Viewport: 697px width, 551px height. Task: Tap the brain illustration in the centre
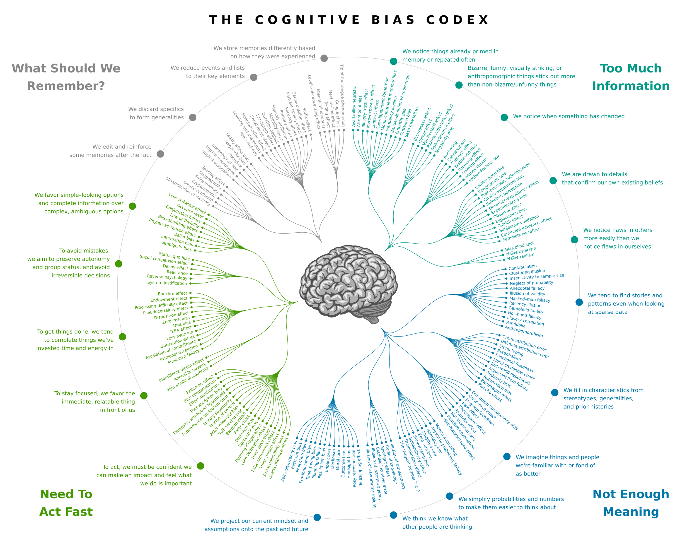[x=348, y=284]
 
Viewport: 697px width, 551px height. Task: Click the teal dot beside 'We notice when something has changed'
[x=504, y=117]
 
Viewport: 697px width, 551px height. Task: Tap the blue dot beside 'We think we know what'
[x=393, y=515]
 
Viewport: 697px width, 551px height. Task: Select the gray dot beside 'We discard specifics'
[x=192, y=117]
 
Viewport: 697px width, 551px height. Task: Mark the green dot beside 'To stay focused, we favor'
[x=144, y=396]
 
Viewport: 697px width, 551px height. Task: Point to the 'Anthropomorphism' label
[x=524, y=331]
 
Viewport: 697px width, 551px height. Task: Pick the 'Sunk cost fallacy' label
[x=183, y=357]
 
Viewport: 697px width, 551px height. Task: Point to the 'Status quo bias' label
[x=174, y=256]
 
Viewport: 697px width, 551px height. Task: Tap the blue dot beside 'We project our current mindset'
[x=317, y=518]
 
